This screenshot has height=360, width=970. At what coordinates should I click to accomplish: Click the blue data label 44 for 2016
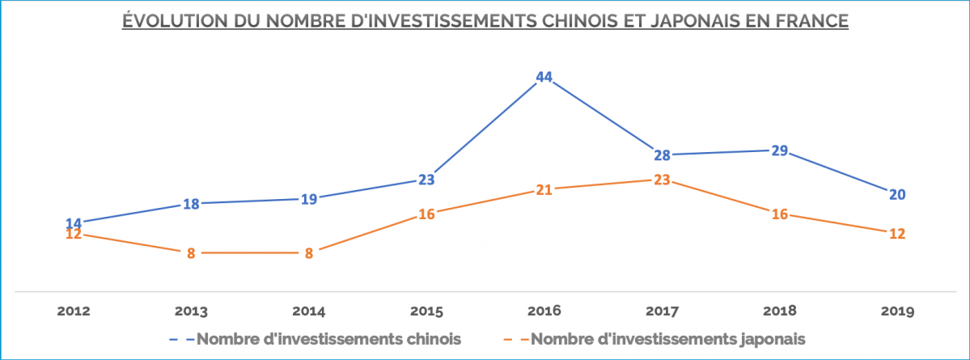[544, 78]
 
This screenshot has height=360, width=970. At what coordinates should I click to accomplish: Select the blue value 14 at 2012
[74, 223]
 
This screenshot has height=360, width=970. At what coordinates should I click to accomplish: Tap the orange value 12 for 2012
[74, 235]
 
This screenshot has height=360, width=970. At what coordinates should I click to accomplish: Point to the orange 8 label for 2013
[191, 253]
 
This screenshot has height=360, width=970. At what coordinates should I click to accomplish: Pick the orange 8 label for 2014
[308, 253]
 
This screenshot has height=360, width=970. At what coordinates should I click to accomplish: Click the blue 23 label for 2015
[426, 180]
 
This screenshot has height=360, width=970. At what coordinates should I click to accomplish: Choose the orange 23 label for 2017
[662, 180]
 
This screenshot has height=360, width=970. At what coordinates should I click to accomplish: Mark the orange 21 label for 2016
[544, 190]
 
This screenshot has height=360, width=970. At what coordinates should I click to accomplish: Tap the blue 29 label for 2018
[779, 150]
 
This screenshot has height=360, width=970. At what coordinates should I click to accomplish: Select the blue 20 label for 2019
[896, 194]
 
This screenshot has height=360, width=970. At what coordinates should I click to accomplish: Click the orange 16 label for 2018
[779, 214]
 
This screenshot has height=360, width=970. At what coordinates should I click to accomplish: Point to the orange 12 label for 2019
[896, 234]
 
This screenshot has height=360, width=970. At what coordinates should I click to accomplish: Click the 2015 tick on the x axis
[426, 311]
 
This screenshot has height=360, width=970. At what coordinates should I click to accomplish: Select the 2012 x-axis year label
[74, 311]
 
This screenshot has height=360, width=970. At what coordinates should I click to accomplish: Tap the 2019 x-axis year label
[896, 311]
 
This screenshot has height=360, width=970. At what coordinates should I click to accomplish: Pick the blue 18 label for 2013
[191, 204]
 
